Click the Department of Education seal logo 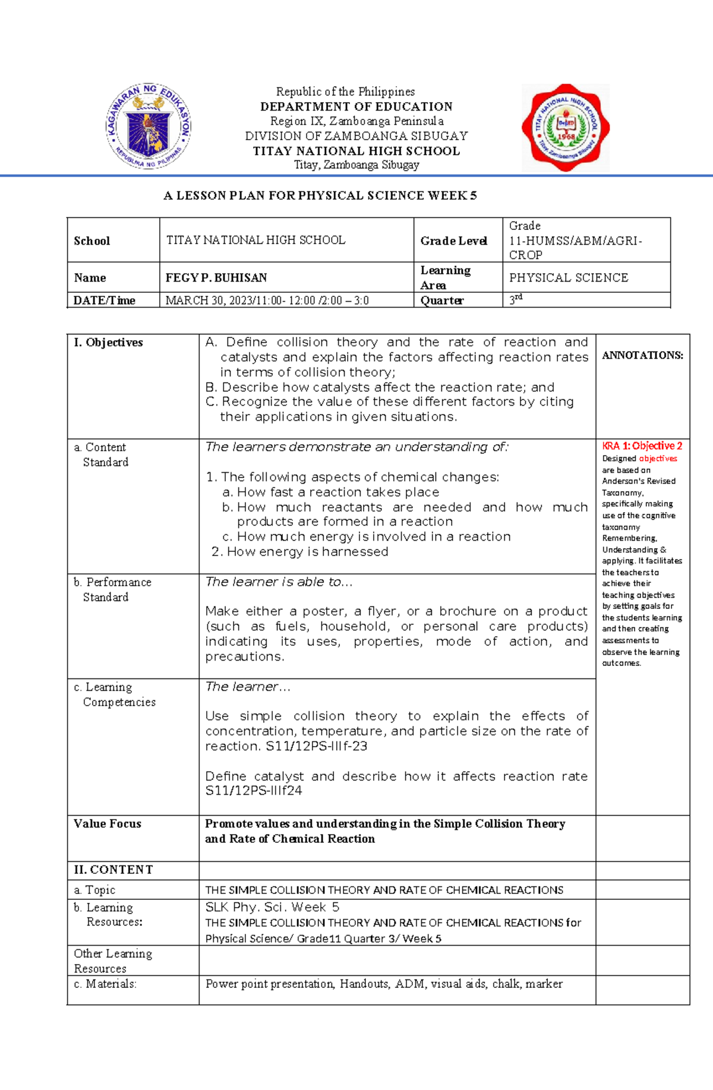pyautogui.click(x=149, y=126)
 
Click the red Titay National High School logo pyautogui.click(x=566, y=127)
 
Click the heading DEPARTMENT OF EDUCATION pyautogui.click(x=356, y=107)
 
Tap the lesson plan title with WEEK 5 pyautogui.click(x=320, y=195)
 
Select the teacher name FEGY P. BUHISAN pyautogui.click(x=216, y=277)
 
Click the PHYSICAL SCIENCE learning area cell pyautogui.click(x=568, y=277)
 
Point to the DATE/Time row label pyautogui.click(x=105, y=301)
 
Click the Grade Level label pyautogui.click(x=454, y=241)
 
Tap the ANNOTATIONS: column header pyautogui.click(x=642, y=355)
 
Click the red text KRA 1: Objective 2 pyautogui.click(x=642, y=446)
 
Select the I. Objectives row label pyautogui.click(x=109, y=342)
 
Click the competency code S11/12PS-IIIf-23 pyautogui.click(x=316, y=746)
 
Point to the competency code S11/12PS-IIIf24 pyautogui.click(x=254, y=791)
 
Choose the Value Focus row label pyautogui.click(x=108, y=823)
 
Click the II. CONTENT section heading pyautogui.click(x=113, y=870)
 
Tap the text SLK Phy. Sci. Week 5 pyautogui.click(x=272, y=907)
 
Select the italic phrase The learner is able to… pyautogui.click(x=279, y=582)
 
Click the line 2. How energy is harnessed pyautogui.click(x=300, y=551)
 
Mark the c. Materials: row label pyautogui.click(x=105, y=984)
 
